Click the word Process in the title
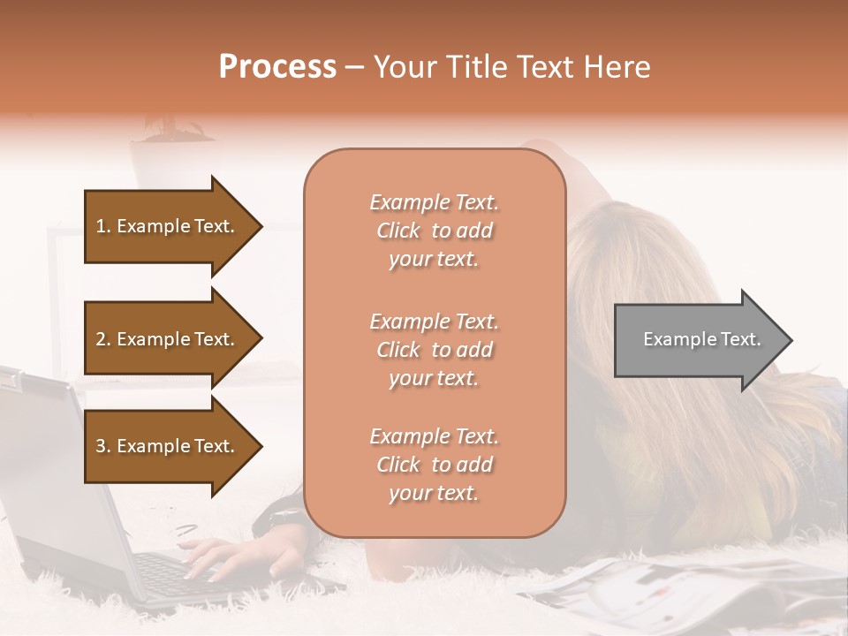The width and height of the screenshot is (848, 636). tap(277, 66)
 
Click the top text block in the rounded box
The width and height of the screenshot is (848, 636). tap(434, 231)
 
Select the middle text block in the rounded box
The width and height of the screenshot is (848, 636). tap(434, 350)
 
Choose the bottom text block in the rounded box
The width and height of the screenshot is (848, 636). tap(434, 465)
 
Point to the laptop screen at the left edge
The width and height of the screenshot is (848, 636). tap(35, 442)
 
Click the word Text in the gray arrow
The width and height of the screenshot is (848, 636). tap(742, 339)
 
